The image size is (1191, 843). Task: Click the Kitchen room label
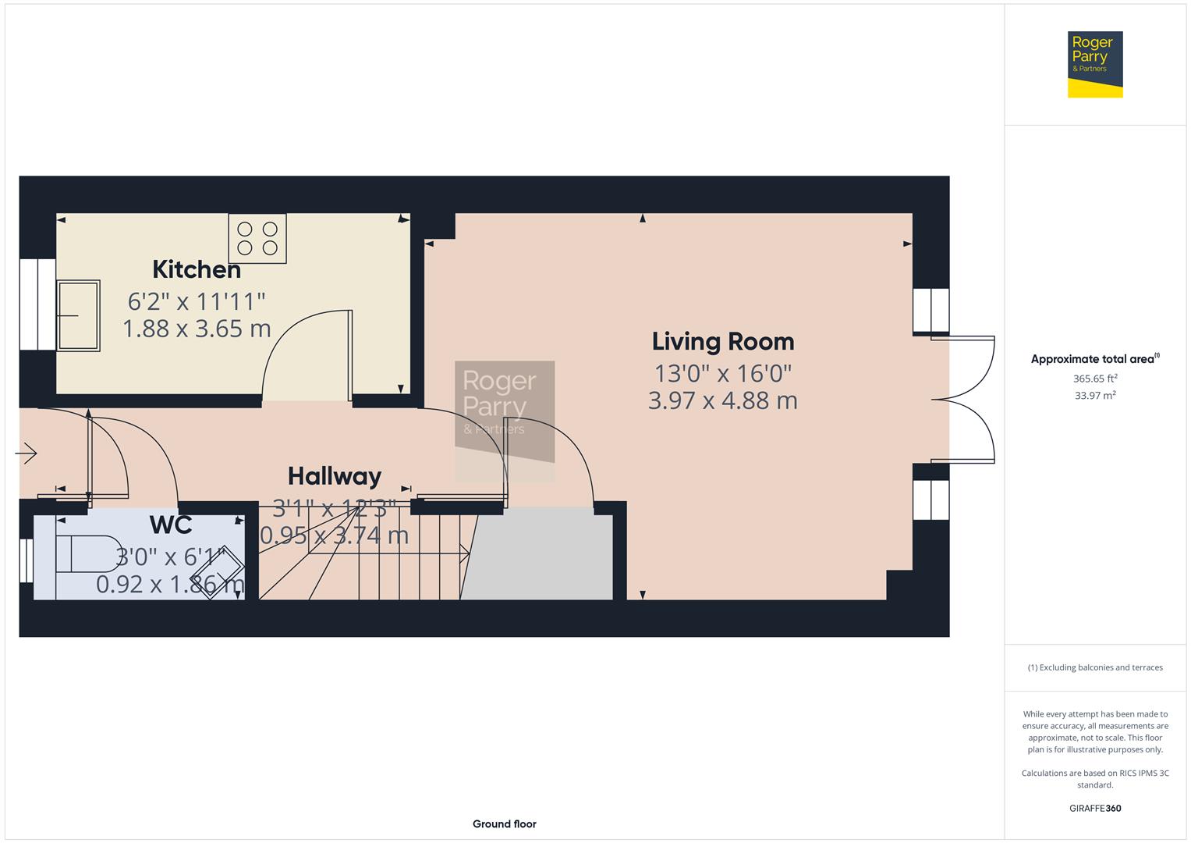click(x=197, y=269)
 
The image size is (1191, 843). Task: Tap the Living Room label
click(x=723, y=341)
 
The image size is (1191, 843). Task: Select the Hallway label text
click(x=335, y=476)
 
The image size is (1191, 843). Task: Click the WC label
click(x=171, y=525)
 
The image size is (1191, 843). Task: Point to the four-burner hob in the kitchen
click(x=257, y=238)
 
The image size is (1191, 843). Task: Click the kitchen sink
click(x=78, y=315)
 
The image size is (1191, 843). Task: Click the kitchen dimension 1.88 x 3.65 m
click(x=197, y=329)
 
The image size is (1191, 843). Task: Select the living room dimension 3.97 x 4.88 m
click(x=723, y=400)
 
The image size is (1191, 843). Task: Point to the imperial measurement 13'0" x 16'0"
click(x=723, y=372)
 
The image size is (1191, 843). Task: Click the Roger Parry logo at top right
click(x=1095, y=65)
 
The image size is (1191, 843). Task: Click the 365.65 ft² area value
click(x=1095, y=379)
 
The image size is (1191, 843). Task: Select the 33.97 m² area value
click(x=1095, y=396)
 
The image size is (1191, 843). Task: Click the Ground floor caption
click(x=504, y=824)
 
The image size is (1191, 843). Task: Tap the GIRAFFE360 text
click(x=1095, y=809)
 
